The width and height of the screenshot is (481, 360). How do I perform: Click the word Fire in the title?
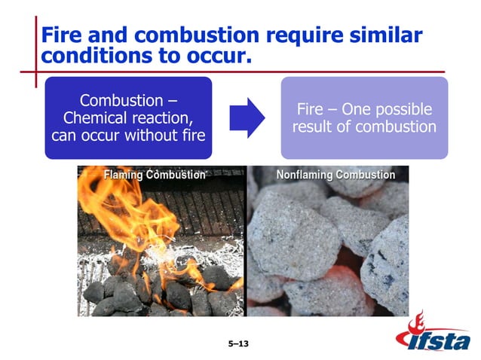[61, 35]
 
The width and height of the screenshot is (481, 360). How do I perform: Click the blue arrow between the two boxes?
[248, 117]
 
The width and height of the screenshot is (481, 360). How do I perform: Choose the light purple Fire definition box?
[364, 117]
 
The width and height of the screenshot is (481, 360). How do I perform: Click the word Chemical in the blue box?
[97, 118]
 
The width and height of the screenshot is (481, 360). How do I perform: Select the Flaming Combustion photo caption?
[155, 175]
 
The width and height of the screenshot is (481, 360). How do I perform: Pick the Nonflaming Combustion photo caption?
[335, 175]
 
